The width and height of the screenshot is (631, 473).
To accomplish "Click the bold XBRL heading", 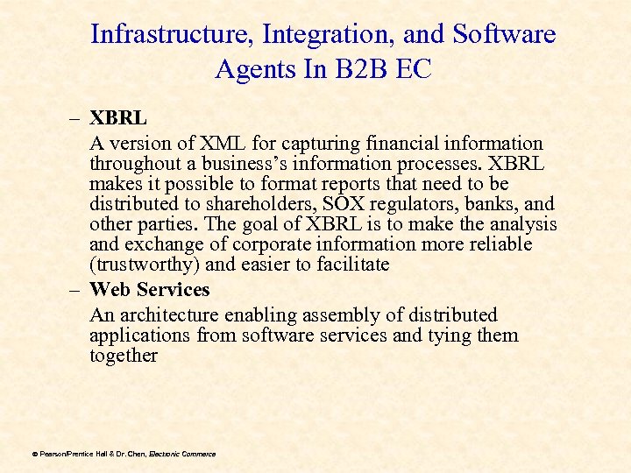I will tap(118, 116).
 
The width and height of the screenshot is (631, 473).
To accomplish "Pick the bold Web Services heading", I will tap(150, 289).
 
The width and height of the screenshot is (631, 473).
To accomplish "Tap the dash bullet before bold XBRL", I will tap(75, 116).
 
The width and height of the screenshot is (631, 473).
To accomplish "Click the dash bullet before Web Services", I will tap(75, 289).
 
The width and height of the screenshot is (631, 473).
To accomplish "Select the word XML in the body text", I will tap(220, 143).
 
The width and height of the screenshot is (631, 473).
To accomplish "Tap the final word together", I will tap(124, 356).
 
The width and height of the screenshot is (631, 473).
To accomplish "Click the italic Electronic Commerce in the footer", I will tap(182, 454).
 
